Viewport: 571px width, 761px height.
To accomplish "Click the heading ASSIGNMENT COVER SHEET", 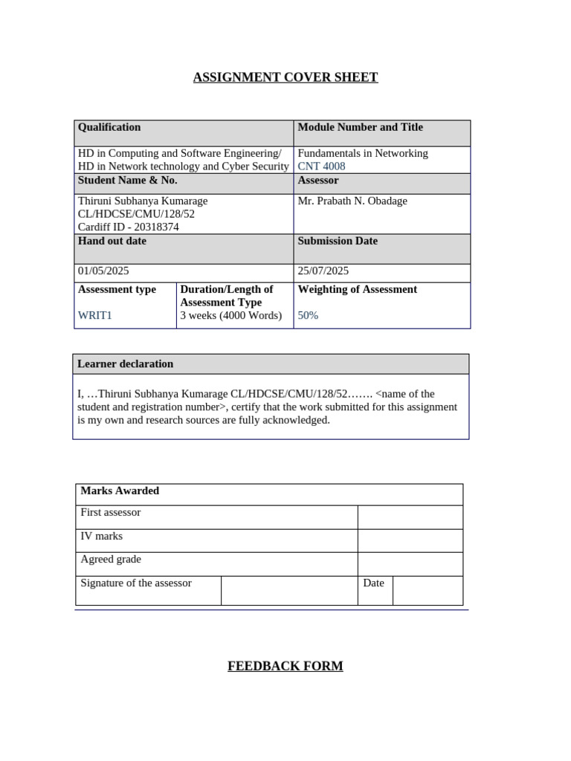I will pyautogui.click(x=285, y=77).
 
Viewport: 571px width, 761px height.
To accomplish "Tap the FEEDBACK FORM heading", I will pyautogui.click(x=285, y=666).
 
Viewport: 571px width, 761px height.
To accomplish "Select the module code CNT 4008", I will pyautogui.click(x=321, y=166).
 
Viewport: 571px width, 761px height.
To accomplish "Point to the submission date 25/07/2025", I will pyautogui.click(x=323, y=271).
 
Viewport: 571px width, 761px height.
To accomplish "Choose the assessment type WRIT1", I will pyautogui.click(x=95, y=315).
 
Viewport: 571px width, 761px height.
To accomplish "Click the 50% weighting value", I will pyautogui.click(x=308, y=315).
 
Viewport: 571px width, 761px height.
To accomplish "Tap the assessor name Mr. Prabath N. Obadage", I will pyautogui.click(x=352, y=201).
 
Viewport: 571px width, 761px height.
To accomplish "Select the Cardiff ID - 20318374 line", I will pyautogui.click(x=129, y=227).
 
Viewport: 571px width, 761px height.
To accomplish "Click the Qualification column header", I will pyautogui.click(x=109, y=127).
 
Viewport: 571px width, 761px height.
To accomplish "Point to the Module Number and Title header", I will pyautogui.click(x=360, y=127).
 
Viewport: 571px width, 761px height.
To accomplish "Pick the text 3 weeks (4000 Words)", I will pyautogui.click(x=231, y=315).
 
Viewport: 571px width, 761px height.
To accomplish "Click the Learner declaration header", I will pyautogui.click(x=126, y=363).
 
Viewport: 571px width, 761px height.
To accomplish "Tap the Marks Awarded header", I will pyautogui.click(x=120, y=490).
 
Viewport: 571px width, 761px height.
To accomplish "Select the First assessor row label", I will pyautogui.click(x=111, y=512).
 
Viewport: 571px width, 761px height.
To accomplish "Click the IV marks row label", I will pyautogui.click(x=102, y=536).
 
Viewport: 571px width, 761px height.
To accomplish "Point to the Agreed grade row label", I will pyautogui.click(x=111, y=559).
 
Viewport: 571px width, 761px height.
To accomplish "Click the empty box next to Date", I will pyautogui.click(x=428, y=590).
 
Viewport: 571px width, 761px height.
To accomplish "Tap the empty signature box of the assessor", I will pyautogui.click(x=289, y=590).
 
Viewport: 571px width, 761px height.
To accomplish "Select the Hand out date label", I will pyautogui.click(x=112, y=241).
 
